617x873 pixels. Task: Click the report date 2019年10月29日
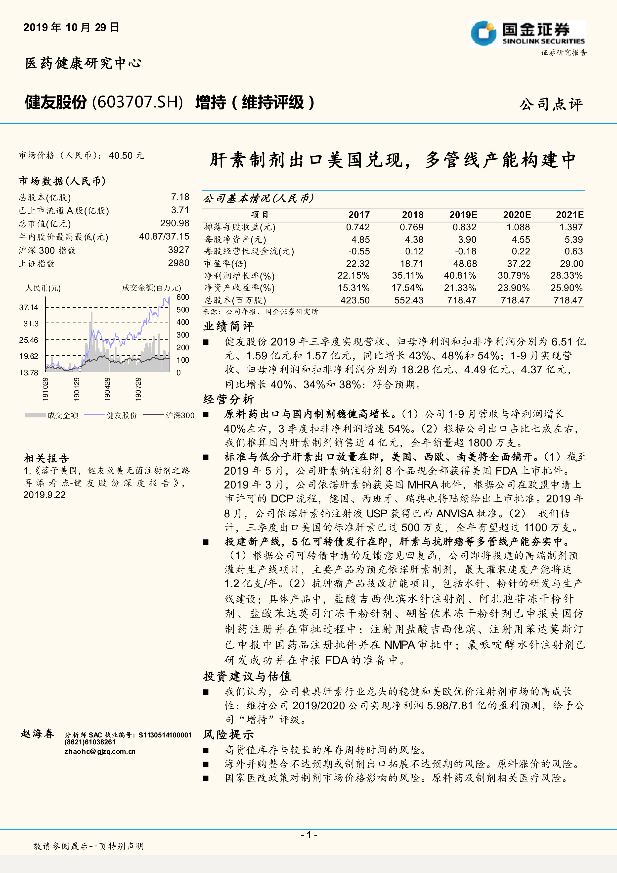(x=71, y=27)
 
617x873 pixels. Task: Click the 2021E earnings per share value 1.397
(x=571, y=227)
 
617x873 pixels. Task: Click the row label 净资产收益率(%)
(x=239, y=288)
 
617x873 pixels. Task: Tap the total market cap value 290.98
(x=175, y=223)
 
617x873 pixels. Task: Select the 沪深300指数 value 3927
(x=178, y=250)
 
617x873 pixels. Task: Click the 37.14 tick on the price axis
(x=29, y=307)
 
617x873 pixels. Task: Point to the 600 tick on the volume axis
(x=183, y=297)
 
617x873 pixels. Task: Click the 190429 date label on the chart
(x=108, y=389)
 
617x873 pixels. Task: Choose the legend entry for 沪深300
(x=180, y=415)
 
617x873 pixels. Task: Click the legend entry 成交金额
(x=63, y=415)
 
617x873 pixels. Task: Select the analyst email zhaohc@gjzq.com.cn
(x=100, y=751)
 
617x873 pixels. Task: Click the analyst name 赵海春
(x=38, y=734)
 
